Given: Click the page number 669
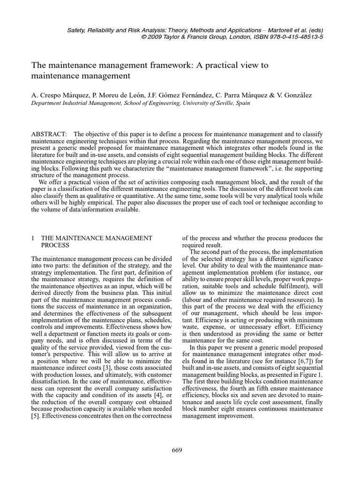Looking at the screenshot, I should [177, 450].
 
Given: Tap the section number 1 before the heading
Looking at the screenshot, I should [32, 238].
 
